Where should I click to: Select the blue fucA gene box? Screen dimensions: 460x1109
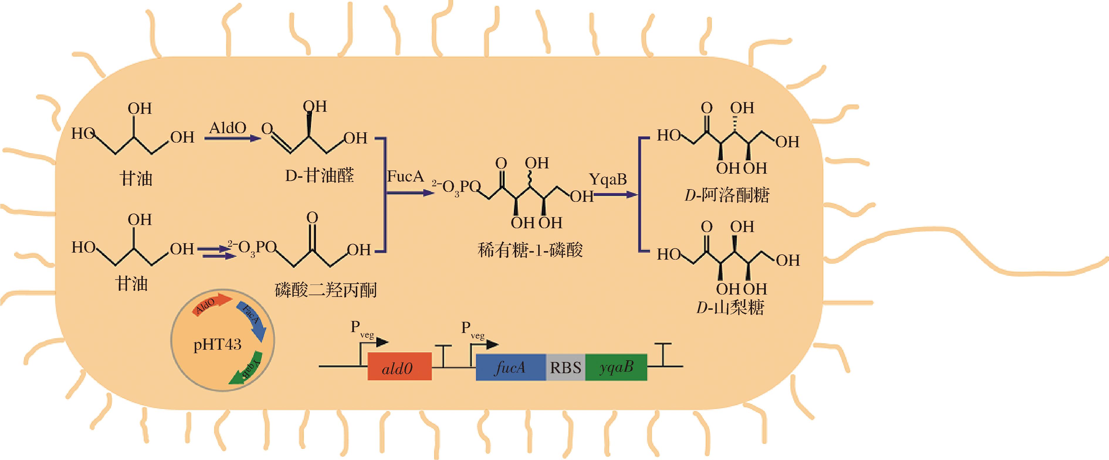click(511, 367)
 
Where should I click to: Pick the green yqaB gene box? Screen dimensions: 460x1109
click(616, 367)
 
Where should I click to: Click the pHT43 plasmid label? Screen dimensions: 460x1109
click(217, 345)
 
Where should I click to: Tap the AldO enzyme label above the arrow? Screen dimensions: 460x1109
click(227, 128)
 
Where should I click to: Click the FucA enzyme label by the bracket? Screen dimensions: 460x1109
click(405, 176)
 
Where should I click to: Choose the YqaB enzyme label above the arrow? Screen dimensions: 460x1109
click(607, 179)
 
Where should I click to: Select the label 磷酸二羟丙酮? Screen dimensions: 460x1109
click(326, 290)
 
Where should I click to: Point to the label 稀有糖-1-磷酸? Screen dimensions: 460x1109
click(530, 250)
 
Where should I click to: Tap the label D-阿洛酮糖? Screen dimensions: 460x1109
click(727, 195)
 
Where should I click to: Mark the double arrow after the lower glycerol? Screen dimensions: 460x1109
click(217, 252)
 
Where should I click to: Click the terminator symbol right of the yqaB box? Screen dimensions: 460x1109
click(665, 354)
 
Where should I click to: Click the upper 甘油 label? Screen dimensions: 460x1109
click(136, 178)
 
